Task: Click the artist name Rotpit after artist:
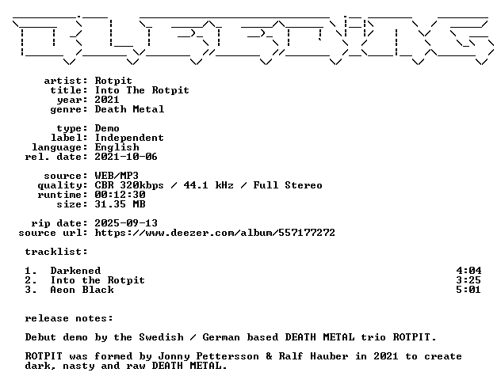click(113, 81)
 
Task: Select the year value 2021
click(107, 100)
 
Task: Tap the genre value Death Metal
click(129, 109)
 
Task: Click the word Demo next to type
click(107, 128)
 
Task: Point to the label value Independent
click(129, 138)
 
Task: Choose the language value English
click(117, 147)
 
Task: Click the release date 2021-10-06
click(126, 157)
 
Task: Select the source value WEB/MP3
click(117, 176)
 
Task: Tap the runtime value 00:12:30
click(120, 195)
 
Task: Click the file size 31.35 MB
click(120, 204)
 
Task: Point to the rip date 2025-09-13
click(126, 223)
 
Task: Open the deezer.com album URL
click(215, 233)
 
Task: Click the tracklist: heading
click(56, 252)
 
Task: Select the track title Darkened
click(76, 271)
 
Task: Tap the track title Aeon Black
click(82, 290)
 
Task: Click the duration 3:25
click(468, 280)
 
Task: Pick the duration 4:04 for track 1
click(468, 271)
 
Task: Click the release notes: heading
click(69, 318)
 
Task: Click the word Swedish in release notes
click(162, 337)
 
